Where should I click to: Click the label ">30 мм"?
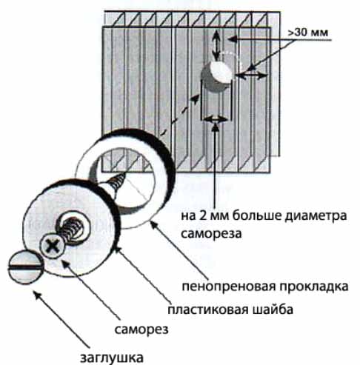308,33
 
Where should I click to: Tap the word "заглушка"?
112,358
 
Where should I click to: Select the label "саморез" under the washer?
141,329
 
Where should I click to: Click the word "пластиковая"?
208,309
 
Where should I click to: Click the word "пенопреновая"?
229,287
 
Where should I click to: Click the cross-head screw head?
53,246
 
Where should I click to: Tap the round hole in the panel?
217,76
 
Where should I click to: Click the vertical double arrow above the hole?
216,44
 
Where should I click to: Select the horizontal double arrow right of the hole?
251,76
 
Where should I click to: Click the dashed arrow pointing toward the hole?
180,115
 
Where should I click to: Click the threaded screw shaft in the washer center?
72,229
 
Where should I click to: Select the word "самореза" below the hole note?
211,233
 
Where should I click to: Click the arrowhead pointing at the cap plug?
37,296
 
